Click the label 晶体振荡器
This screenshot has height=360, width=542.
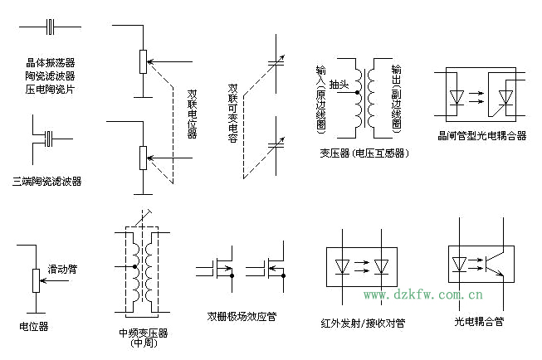(50, 62)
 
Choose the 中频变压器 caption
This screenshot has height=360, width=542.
(144, 333)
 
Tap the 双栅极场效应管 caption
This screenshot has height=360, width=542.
(242, 316)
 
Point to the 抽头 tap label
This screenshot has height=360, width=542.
(339, 85)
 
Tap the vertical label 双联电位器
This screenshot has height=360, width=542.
(193, 113)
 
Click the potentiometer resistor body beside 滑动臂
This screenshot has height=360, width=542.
(34, 280)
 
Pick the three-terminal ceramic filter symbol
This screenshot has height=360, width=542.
(49, 136)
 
